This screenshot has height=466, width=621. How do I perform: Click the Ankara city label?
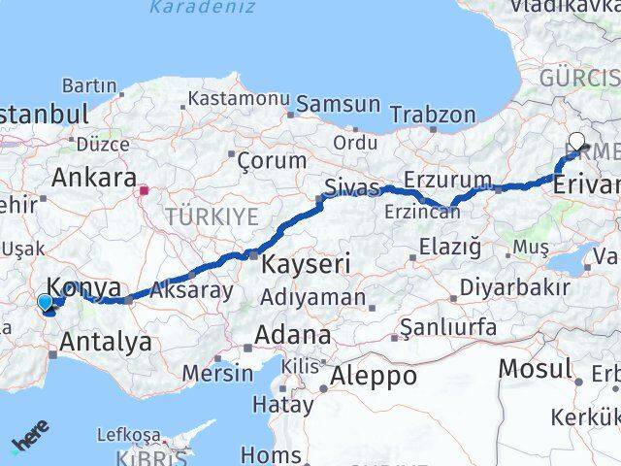(x=93, y=178)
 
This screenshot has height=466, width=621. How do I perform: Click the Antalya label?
(x=106, y=341)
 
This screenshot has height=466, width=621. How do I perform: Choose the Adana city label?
(x=292, y=336)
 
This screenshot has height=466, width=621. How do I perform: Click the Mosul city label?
(x=535, y=369)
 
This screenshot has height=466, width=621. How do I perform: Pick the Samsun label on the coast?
(x=339, y=104)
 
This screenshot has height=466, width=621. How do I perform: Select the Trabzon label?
(x=433, y=115)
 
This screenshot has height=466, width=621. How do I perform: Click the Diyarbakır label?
(x=514, y=287)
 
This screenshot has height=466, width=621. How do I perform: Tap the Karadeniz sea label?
(x=203, y=8)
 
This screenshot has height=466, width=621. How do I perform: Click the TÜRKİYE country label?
(x=211, y=216)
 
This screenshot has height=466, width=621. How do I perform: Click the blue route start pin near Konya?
(x=45, y=303)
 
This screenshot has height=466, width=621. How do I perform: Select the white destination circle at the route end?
(x=577, y=140)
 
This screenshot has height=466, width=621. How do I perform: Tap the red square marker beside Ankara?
(x=145, y=190)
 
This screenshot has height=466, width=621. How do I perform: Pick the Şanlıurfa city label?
(x=453, y=329)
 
